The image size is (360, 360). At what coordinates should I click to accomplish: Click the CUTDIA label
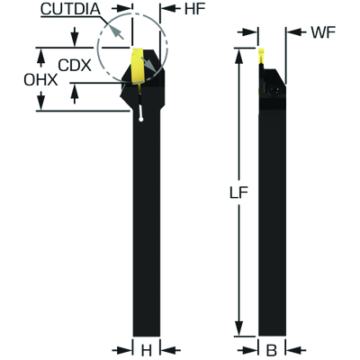click(70, 9)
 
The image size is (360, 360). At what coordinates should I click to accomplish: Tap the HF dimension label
click(194, 9)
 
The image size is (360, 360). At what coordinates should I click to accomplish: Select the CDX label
click(75, 65)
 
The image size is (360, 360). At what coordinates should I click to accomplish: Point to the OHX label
click(40, 80)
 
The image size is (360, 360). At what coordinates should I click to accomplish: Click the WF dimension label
click(323, 32)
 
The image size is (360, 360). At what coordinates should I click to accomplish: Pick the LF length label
click(238, 193)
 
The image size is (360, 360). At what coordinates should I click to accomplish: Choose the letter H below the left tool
click(146, 350)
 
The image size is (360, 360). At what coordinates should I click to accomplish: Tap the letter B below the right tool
click(272, 350)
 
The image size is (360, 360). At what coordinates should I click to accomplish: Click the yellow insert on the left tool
click(138, 65)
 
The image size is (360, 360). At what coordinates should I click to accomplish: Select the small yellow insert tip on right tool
click(261, 56)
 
